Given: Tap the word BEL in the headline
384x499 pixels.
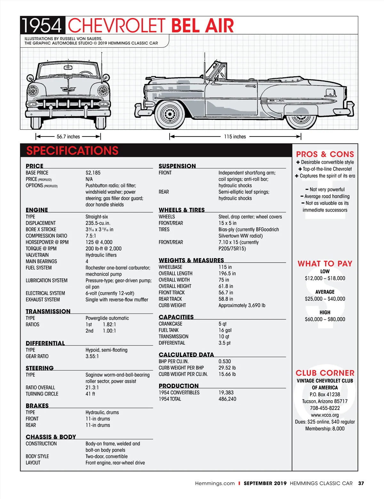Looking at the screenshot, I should pos(185,25).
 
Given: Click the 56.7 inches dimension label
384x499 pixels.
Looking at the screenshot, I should pos(68,137).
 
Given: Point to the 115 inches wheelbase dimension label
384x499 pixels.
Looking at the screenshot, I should pos(235,137).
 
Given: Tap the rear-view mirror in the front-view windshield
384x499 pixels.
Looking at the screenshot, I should pos(68,68).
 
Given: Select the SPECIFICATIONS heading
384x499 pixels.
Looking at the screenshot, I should pos(72,151).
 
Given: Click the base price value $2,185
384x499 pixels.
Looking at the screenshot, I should pos(93,173).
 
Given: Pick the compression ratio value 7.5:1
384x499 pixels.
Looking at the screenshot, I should pos(91,236).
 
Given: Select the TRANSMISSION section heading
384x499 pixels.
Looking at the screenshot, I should pos(48,311).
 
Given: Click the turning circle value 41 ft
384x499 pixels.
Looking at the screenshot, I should pos(90,394).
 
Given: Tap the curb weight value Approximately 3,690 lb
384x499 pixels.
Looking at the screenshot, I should pos(242,306).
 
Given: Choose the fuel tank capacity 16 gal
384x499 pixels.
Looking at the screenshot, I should pos(225,330).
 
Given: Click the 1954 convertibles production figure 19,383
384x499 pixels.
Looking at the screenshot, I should pos(226,393).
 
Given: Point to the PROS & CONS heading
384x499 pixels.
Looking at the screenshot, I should pos(325,154).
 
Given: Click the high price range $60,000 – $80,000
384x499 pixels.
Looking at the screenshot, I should pos(325,319).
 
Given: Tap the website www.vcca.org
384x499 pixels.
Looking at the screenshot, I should pos(325,415).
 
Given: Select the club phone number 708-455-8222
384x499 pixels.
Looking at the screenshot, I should pos(325,408).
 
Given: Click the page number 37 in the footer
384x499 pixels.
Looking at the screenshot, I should pos(361,483).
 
